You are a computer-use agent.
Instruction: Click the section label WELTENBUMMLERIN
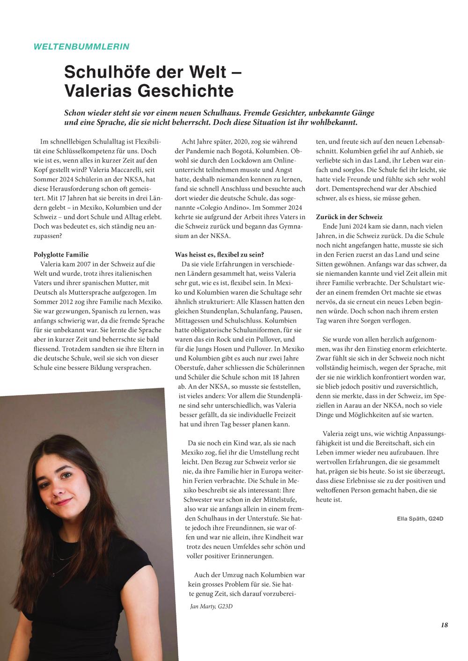[x=81, y=46]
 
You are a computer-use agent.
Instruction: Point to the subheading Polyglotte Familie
[x=61, y=255]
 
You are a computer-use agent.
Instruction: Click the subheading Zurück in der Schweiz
[x=349, y=217]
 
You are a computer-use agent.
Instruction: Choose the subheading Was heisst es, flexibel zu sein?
[x=219, y=255]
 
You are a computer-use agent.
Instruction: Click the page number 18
[x=444, y=625]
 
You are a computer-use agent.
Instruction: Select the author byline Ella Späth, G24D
[x=420, y=518]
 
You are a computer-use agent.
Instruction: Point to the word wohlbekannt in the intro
[x=333, y=123]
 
